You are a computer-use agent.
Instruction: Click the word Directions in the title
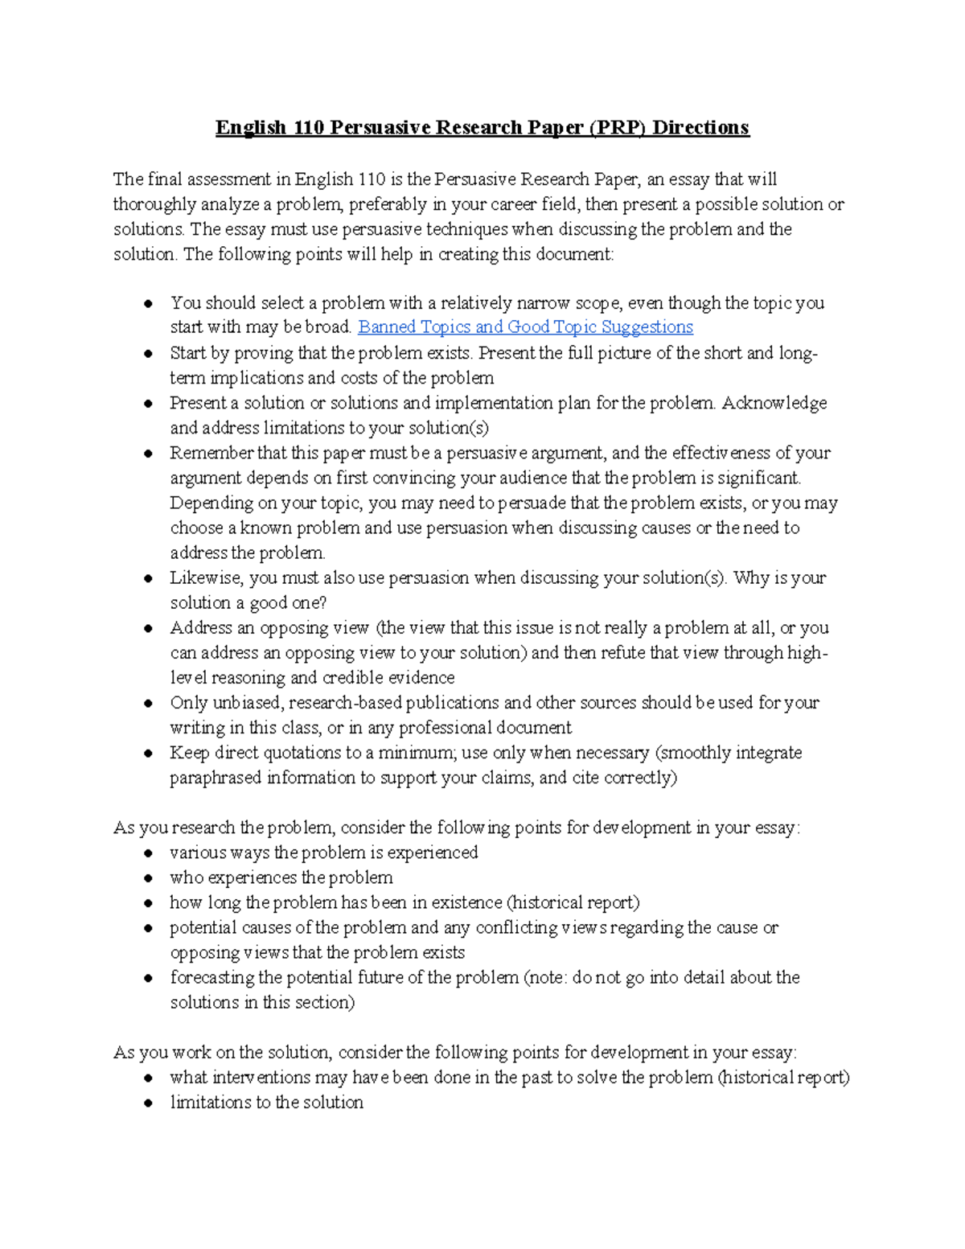[700, 128]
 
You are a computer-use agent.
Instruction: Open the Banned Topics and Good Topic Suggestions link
[525, 327]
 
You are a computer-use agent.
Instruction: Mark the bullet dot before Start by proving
[148, 353]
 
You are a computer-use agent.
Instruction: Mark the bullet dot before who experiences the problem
[148, 878]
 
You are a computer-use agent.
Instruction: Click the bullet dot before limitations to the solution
[148, 1103]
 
